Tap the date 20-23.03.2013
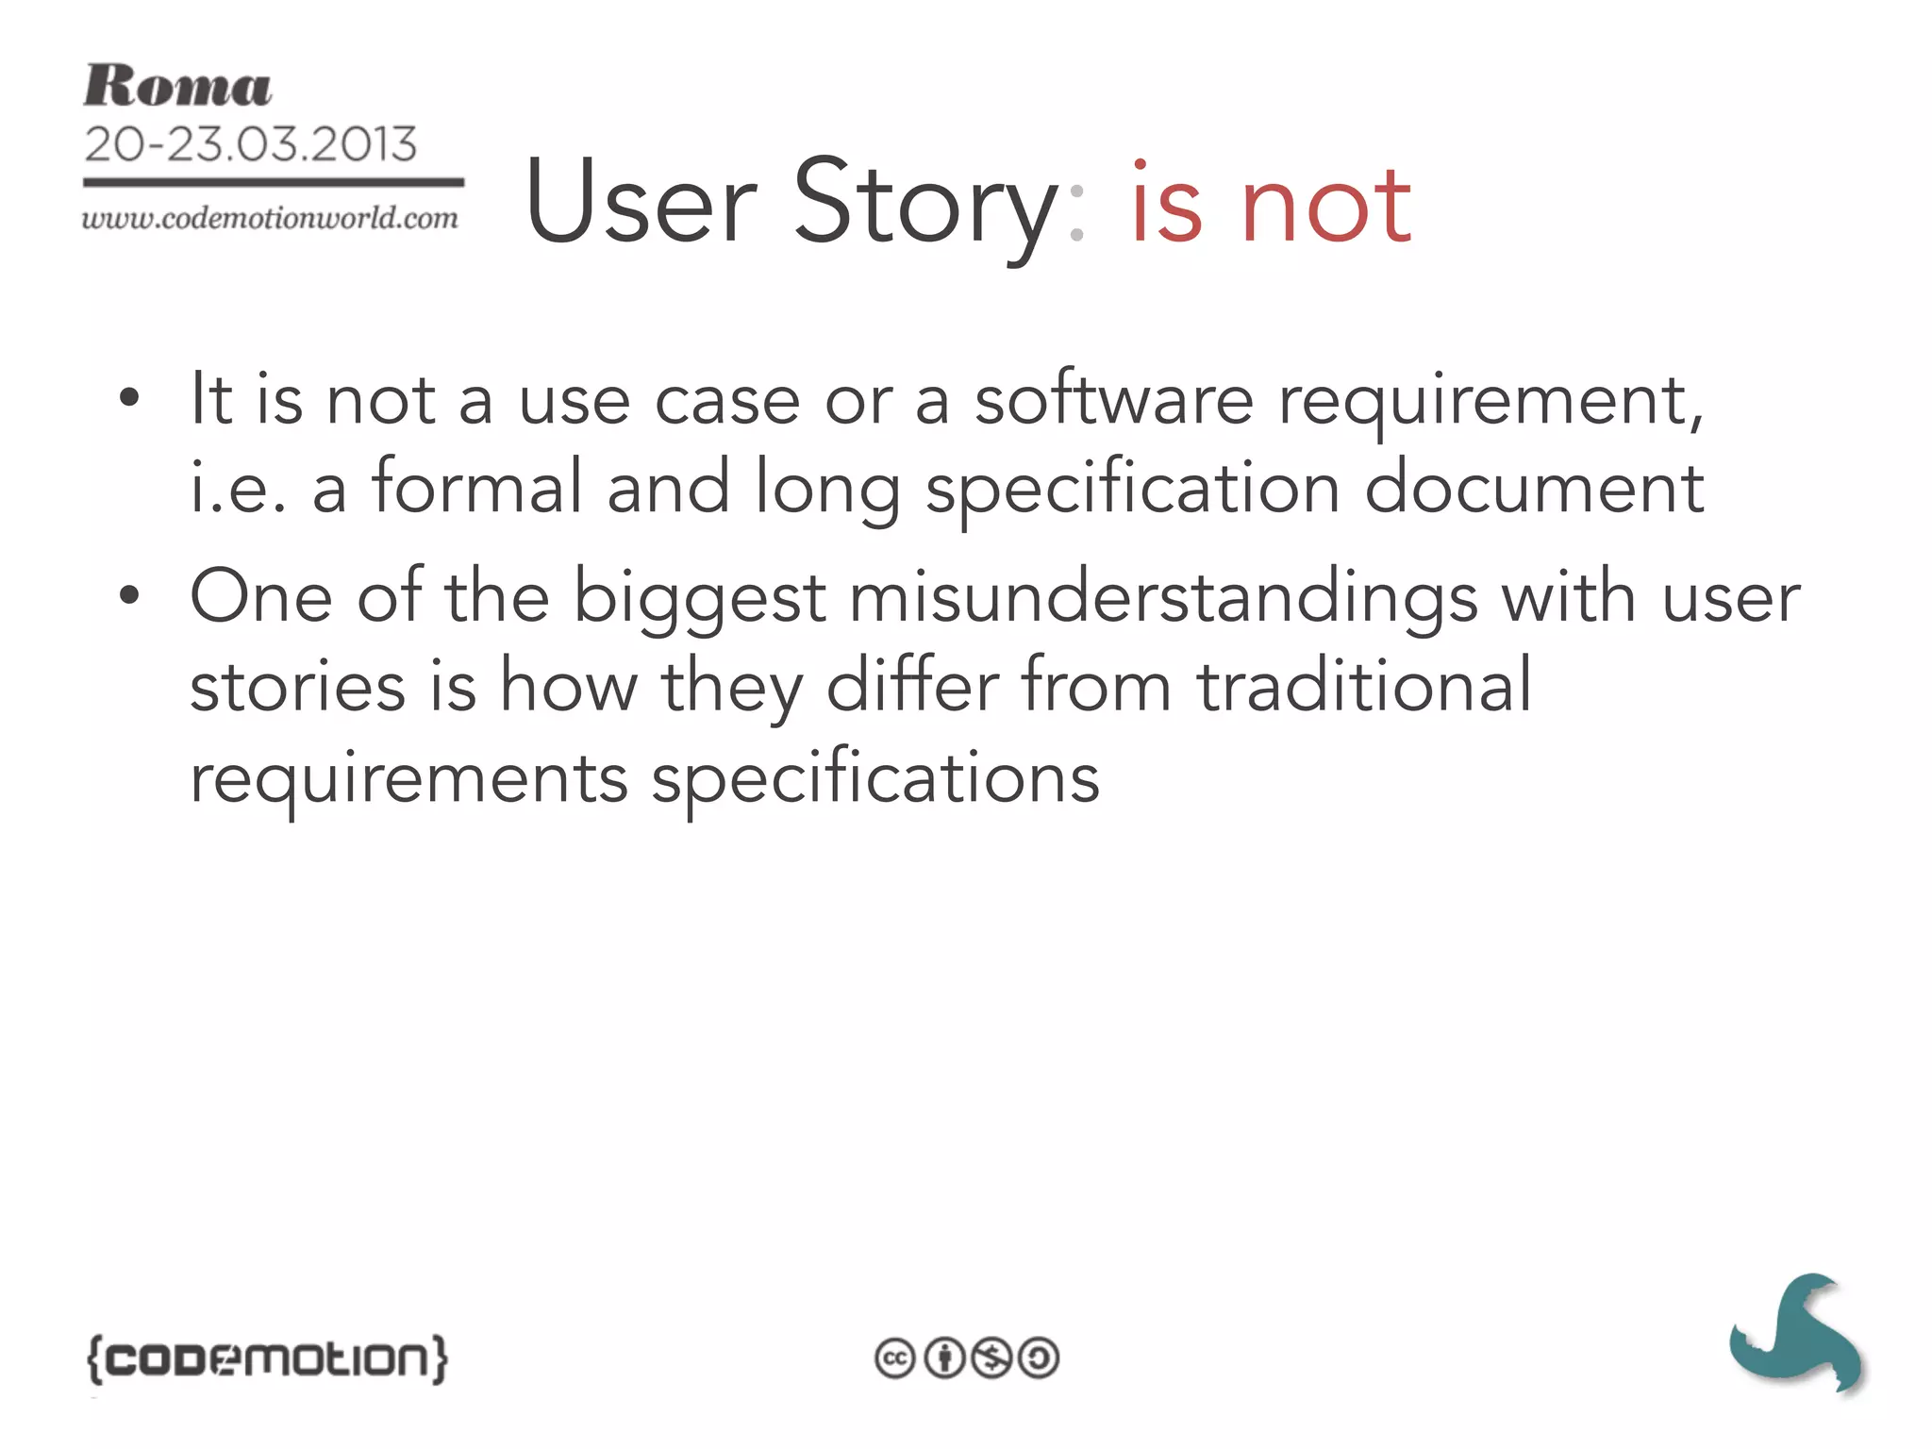click(x=250, y=144)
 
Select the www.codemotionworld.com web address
click(x=270, y=219)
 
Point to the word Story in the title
click(x=926, y=204)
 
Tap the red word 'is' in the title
click(x=1166, y=202)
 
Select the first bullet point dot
click(x=129, y=400)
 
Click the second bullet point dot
click(x=129, y=596)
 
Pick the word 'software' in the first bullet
click(x=1114, y=400)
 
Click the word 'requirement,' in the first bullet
click(x=1491, y=402)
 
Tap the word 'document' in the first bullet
click(x=1534, y=489)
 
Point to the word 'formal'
click(x=477, y=487)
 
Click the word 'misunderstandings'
click(x=1163, y=598)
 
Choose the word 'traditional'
click(x=1364, y=686)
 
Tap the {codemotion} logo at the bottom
click(x=268, y=1359)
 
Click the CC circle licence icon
click(x=894, y=1358)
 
